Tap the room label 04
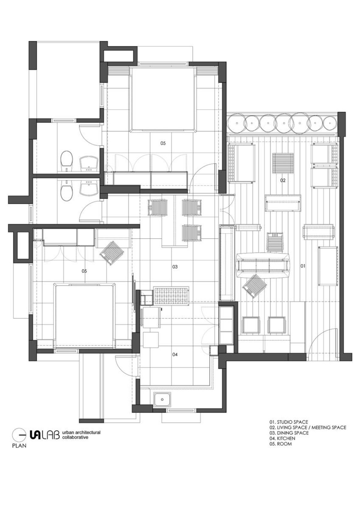point(175,354)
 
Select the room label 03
point(175,267)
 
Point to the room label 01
point(303,266)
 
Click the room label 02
point(283,181)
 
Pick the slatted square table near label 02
point(283,160)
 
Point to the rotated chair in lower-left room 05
point(112,253)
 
